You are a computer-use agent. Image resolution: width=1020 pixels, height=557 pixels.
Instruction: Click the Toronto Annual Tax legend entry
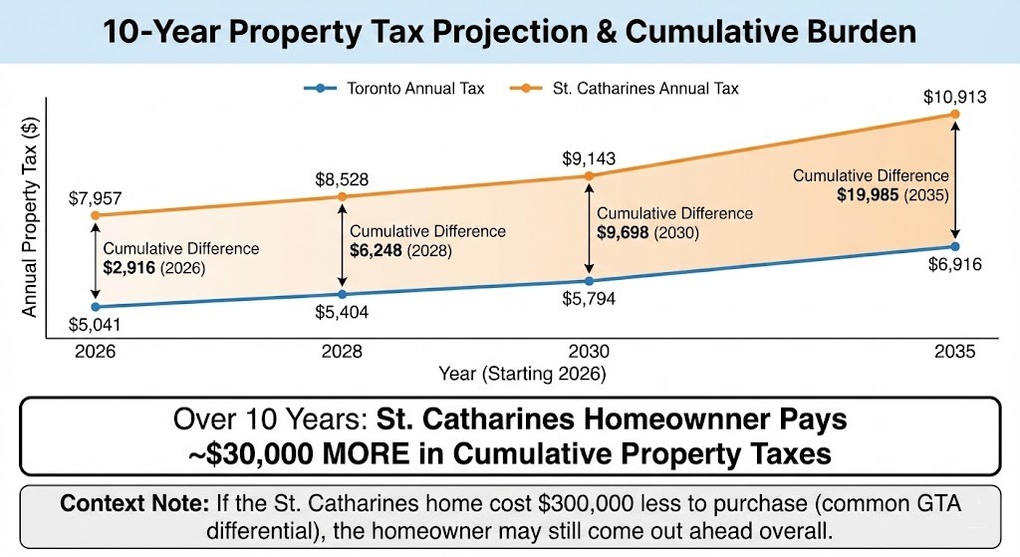(394, 89)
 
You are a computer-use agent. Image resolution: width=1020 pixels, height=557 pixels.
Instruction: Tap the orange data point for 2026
(96, 215)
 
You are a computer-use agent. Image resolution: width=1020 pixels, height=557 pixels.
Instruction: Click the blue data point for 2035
(954, 246)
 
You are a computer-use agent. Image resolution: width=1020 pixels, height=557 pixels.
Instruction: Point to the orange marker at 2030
(589, 176)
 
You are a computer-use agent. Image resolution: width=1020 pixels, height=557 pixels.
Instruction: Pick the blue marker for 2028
(342, 294)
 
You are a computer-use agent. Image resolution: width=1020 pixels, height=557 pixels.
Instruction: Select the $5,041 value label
(96, 325)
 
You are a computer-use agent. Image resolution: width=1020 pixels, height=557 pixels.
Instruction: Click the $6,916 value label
(954, 265)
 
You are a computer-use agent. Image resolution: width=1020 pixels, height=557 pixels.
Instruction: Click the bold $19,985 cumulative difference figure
(870, 194)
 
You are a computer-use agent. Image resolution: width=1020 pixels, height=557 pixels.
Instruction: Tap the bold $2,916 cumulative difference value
(128, 268)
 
